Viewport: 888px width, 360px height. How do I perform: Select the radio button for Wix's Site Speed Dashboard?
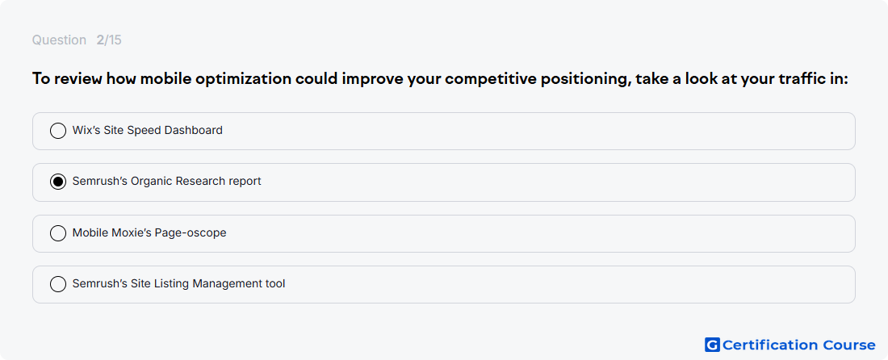coord(58,131)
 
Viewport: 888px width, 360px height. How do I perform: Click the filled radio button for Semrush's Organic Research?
coord(58,182)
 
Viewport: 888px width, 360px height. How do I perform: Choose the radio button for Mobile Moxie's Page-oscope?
coord(58,233)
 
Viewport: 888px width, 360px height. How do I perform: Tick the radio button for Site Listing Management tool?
coord(58,284)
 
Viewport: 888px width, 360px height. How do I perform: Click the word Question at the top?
coord(59,40)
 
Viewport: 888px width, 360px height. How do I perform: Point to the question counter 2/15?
coord(109,40)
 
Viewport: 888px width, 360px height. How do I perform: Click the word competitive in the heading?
coord(491,79)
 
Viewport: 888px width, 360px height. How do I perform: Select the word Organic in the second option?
coord(152,182)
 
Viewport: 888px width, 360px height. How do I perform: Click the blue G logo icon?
coord(712,345)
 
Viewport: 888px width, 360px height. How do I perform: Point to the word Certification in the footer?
coord(770,345)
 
